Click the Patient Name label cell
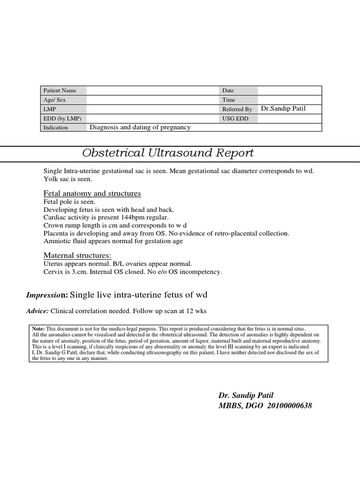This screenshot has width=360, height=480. click(60, 90)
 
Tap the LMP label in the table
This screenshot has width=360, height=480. click(50, 109)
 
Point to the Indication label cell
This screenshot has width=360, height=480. click(56, 127)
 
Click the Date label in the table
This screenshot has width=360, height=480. click(228, 90)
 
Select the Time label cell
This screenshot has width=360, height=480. click(229, 100)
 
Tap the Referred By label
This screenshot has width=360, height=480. click(237, 109)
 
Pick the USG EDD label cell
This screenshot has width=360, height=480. click(236, 119)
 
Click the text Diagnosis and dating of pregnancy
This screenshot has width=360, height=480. click(140, 127)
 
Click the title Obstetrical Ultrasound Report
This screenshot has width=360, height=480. click(168, 153)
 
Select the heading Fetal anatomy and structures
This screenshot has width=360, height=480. click(92, 194)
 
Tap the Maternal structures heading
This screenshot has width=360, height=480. click(77, 255)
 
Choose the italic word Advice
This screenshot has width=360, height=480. click(37, 311)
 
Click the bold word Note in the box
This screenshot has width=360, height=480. click(38, 329)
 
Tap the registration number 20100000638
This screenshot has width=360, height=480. click(289, 405)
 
